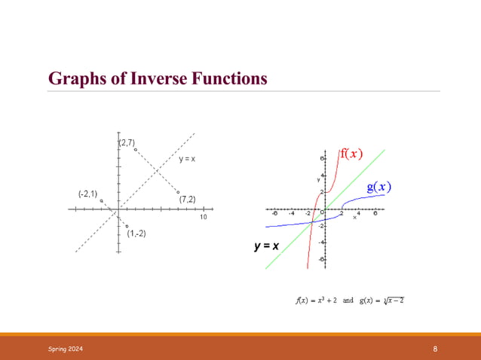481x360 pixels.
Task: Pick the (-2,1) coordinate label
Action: pyautogui.click(x=87, y=194)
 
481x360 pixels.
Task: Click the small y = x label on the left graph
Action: pyautogui.click(x=187, y=159)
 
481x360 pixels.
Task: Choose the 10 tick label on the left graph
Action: pyautogui.click(x=203, y=218)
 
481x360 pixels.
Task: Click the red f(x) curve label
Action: pyautogui.click(x=351, y=154)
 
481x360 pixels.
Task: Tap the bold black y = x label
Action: pyautogui.click(x=267, y=246)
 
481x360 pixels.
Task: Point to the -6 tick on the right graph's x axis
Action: pyautogui.click(x=274, y=213)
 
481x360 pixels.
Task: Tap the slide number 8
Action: pyautogui.click(x=436, y=349)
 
